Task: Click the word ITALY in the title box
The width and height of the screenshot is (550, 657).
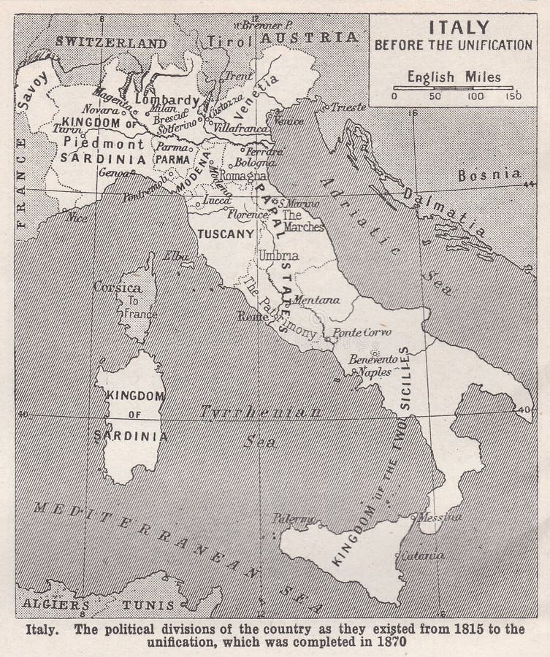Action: (458, 28)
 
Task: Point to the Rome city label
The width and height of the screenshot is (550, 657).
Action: (253, 316)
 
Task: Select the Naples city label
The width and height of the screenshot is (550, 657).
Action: (375, 372)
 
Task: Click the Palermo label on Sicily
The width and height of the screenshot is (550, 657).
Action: (294, 518)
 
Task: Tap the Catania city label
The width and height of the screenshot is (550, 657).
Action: (422, 556)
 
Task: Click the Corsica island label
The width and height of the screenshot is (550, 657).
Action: (118, 288)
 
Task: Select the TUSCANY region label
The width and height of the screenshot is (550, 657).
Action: (226, 234)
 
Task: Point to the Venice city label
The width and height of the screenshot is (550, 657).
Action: (289, 120)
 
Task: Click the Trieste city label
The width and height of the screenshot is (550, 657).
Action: (348, 107)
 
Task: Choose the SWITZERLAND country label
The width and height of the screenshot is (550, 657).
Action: (111, 43)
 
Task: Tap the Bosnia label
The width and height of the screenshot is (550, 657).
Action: (489, 174)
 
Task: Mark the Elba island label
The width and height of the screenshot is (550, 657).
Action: (177, 255)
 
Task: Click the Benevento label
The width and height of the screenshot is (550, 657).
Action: (373, 358)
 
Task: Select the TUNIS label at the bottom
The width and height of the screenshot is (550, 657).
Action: (148, 605)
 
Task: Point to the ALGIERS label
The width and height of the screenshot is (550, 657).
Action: (56, 604)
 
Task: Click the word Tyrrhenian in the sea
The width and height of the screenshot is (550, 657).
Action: (261, 412)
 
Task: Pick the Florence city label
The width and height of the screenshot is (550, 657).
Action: (247, 215)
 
